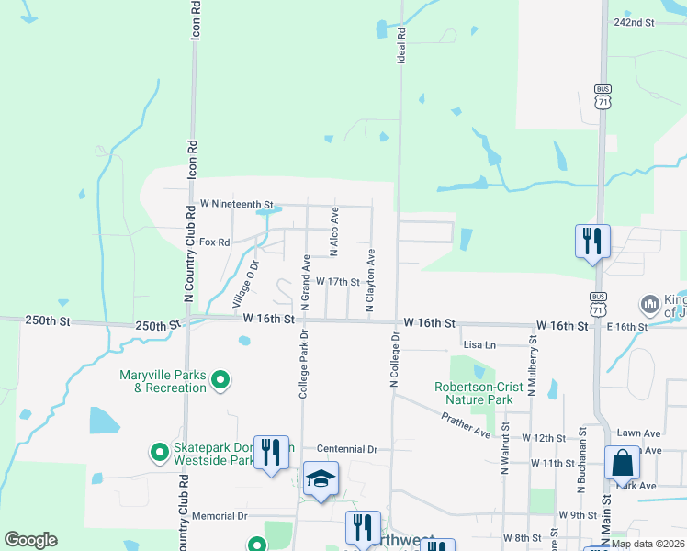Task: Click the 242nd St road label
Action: click(x=634, y=22)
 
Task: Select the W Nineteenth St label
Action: click(x=237, y=203)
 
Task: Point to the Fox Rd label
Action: click(x=213, y=242)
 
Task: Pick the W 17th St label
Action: click(x=337, y=282)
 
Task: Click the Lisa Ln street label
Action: click(x=479, y=345)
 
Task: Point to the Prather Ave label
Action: click(x=466, y=423)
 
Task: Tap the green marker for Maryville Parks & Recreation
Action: click(x=220, y=379)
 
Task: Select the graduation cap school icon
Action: click(x=321, y=478)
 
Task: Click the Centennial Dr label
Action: click(x=347, y=449)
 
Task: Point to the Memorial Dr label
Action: click(x=219, y=517)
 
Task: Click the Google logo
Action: click(x=30, y=540)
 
